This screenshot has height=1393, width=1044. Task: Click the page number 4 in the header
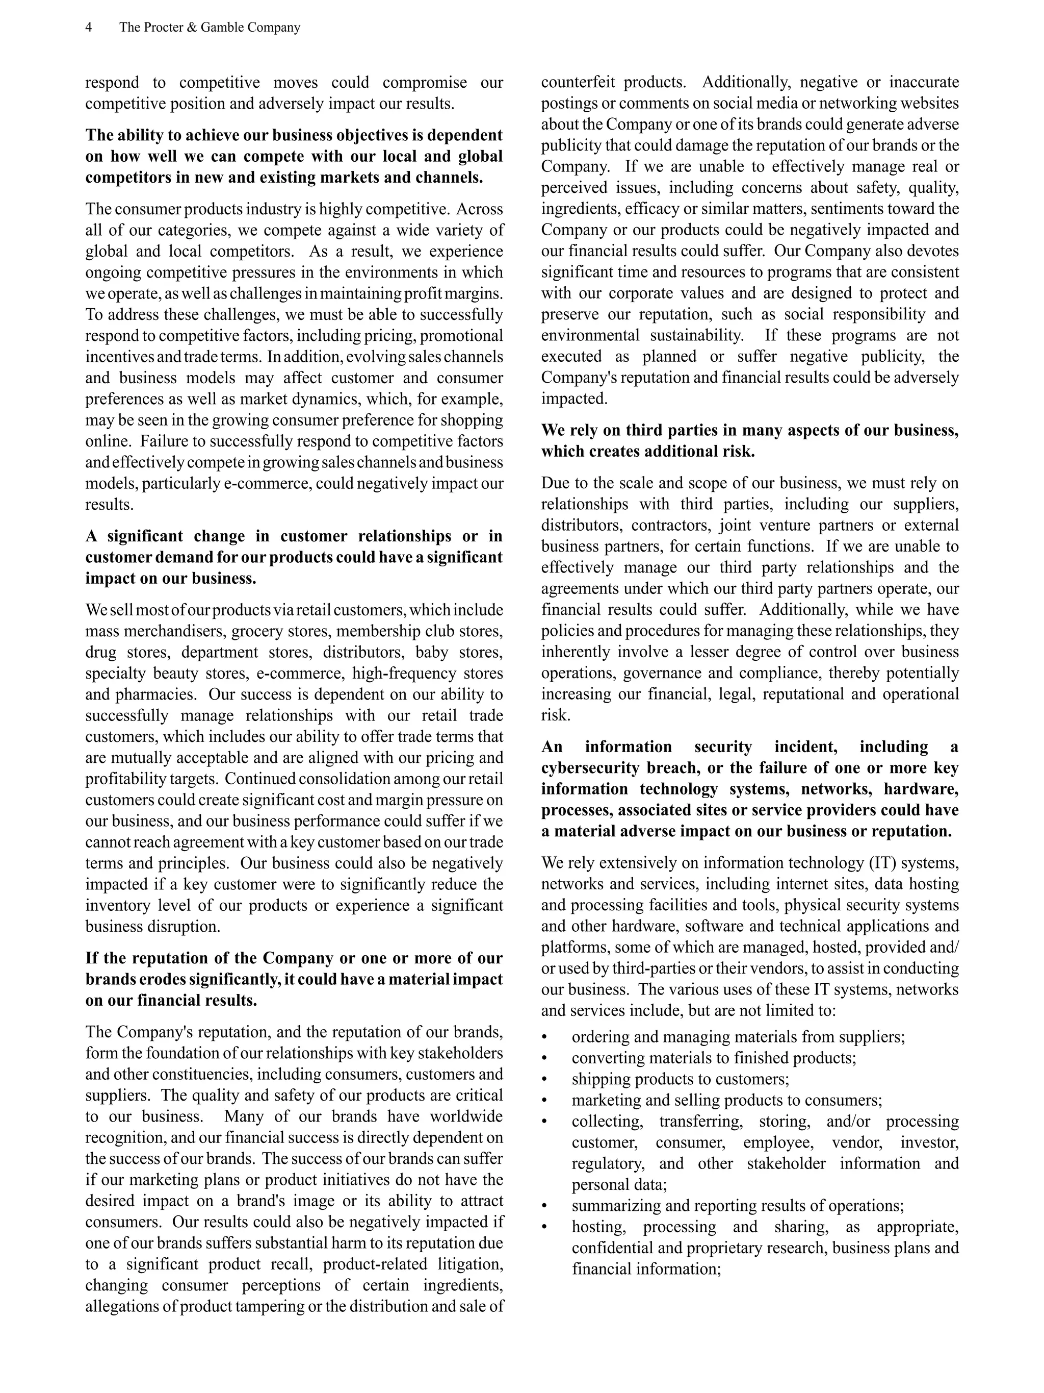coord(89,28)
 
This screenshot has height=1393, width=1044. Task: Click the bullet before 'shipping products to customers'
coord(545,1079)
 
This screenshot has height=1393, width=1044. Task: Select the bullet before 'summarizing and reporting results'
coord(545,1206)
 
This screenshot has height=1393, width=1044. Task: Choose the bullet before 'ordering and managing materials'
coord(545,1037)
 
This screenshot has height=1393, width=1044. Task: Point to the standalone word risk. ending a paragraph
coord(556,715)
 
